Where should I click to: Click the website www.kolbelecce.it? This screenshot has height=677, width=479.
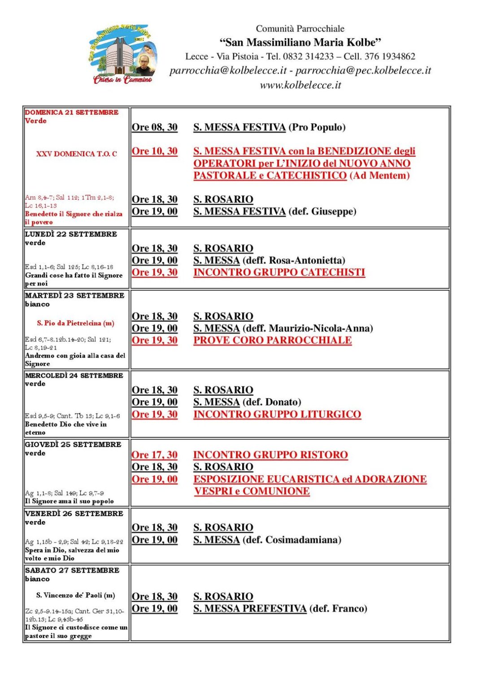point(300,85)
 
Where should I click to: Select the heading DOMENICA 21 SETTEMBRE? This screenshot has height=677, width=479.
point(72,112)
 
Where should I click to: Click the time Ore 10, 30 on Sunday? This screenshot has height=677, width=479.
point(154,151)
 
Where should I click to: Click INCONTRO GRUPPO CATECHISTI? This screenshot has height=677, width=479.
point(279,272)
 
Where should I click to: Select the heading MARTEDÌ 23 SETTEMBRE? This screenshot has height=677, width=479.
point(74,296)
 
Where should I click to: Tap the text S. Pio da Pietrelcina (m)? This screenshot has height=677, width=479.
point(75,323)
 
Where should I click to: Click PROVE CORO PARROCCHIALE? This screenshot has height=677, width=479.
point(272,341)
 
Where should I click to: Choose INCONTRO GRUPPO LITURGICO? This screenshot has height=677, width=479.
point(277,414)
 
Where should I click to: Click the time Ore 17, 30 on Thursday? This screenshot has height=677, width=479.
point(154,455)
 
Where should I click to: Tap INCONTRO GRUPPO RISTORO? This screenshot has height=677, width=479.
point(270,455)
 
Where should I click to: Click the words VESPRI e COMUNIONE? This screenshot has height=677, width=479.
point(252,492)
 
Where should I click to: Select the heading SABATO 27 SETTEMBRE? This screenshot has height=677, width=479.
point(72,570)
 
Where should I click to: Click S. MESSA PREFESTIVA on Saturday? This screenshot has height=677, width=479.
point(250,609)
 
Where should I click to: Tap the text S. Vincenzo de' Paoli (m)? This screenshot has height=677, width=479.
point(75,595)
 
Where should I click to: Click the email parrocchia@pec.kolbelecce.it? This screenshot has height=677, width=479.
point(363,71)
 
